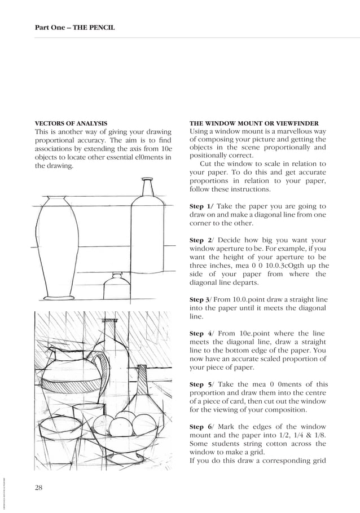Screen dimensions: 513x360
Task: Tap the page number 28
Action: (39, 488)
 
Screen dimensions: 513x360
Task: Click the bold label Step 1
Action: (200, 207)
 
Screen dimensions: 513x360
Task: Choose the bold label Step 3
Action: (200, 299)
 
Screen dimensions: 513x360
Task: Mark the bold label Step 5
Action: (200, 384)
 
